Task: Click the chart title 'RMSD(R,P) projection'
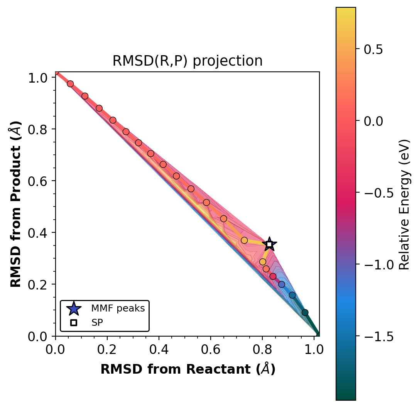tap(188, 61)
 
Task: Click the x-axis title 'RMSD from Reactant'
tap(188, 369)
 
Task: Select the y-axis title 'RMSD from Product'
tap(15, 204)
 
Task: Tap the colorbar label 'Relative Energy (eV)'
tap(404, 204)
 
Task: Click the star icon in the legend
tap(74, 309)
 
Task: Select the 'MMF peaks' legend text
tap(118, 309)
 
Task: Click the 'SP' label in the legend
tap(97, 323)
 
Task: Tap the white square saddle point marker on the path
tap(269, 244)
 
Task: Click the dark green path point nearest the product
tap(305, 312)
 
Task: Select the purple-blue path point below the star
tap(282, 284)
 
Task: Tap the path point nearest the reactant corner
tap(70, 84)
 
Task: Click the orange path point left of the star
tap(244, 240)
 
